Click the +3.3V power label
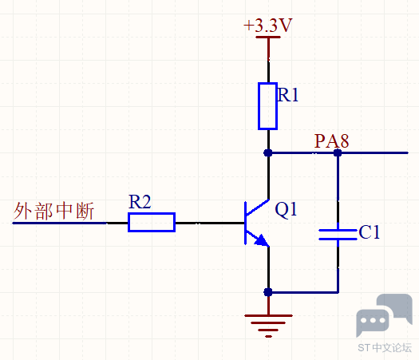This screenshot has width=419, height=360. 268,26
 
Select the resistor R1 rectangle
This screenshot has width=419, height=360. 267,106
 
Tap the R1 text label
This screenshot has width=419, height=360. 288,95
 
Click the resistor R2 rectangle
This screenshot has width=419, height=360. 152,222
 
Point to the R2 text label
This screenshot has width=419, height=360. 140,201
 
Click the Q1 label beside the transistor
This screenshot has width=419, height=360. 286,209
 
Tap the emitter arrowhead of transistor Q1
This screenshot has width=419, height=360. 262,240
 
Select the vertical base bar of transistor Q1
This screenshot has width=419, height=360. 245,223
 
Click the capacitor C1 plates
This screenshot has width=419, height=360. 338,235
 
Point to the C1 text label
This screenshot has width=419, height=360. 370,231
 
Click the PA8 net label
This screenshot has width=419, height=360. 332,140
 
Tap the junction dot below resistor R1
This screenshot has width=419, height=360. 268,153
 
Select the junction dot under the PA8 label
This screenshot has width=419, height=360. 338,153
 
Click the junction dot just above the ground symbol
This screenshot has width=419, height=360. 268,292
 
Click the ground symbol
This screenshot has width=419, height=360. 268,326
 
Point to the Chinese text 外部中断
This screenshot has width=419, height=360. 53,211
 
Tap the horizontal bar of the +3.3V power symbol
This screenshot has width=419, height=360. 268,38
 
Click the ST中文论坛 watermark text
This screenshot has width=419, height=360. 385,347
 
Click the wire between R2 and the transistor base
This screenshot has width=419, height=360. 210,223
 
